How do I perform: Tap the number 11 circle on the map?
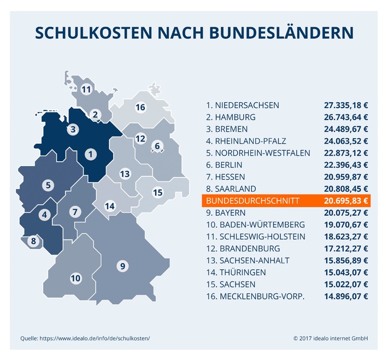(86, 89)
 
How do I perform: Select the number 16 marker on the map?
(140, 107)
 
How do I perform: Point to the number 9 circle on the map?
(123, 266)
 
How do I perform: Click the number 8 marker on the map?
(34, 240)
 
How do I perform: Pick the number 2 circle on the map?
(95, 114)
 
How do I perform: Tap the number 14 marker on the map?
(110, 206)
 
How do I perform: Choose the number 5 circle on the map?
(49, 185)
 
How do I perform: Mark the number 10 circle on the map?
(75, 278)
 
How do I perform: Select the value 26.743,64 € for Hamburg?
(346, 117)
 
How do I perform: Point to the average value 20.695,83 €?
(346, 201)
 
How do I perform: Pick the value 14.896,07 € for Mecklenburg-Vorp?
(346, 297)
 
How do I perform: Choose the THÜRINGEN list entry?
(243, 273)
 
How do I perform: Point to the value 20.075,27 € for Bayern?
(346, 213)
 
